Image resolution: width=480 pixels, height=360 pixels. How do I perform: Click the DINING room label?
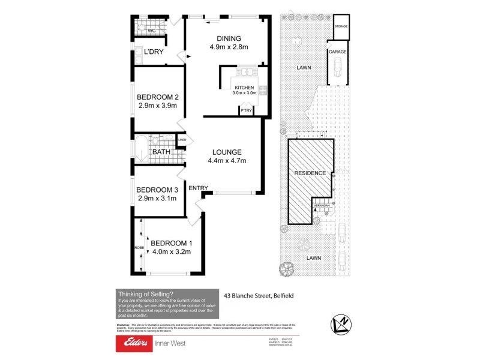229,37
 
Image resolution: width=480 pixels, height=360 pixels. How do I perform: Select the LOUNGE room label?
226,152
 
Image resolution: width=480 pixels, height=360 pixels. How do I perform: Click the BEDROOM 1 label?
170,243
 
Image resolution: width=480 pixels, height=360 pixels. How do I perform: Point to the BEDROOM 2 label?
158,97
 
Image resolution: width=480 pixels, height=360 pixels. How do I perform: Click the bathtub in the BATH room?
142,150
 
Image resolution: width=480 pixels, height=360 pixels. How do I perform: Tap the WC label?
151,29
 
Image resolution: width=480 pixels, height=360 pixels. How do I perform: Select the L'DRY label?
154,52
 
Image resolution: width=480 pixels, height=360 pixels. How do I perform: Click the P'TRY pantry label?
245,111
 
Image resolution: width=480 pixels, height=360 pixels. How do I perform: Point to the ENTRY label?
198,188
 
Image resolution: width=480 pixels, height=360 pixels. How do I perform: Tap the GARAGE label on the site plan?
337,52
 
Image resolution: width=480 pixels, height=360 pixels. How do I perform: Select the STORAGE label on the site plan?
341,26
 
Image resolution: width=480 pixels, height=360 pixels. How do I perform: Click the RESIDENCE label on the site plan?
310,173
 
